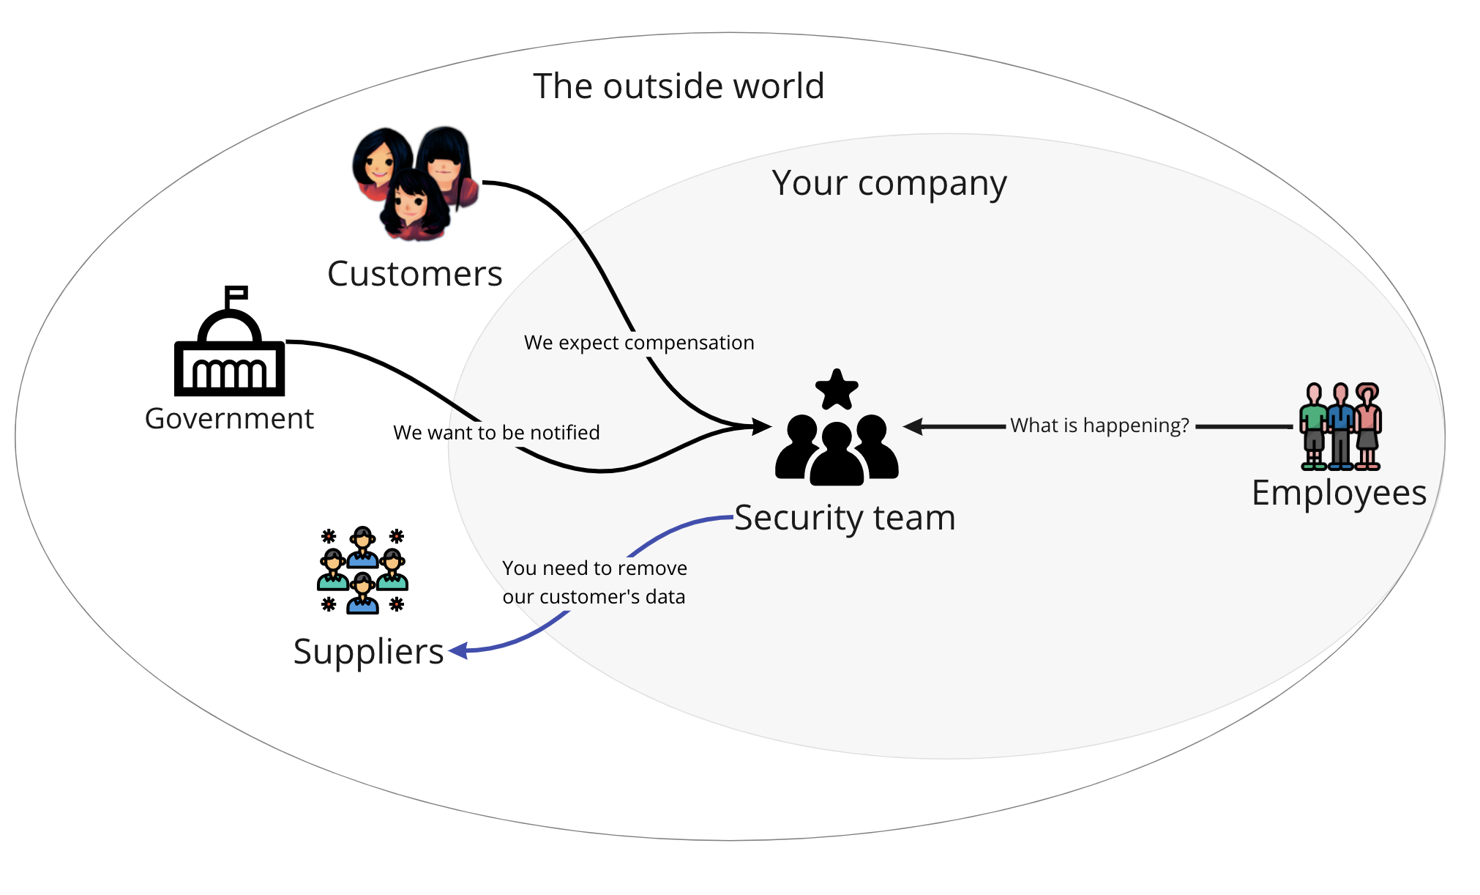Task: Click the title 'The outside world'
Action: coord(679,86)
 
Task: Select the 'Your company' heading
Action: coord(889,183)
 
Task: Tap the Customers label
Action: coord(414,274)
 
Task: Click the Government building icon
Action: coord(229,352)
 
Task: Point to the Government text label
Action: coord(229,419)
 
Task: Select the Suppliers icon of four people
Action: coord(362,570)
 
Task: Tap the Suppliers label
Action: coord(368,651)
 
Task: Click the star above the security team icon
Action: coord(837,390)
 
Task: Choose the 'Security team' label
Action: coord(845,518)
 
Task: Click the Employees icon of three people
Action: coord(1340,426)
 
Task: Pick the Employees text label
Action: coord(1339,493)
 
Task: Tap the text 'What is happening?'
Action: coord(1099,426)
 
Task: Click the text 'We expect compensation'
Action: coord(639,343)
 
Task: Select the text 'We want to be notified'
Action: coord(496,433)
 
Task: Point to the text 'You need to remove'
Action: coord(594,568)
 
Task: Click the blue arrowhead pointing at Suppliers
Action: coord(458,650)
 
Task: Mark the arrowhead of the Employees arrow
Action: coord(912,426)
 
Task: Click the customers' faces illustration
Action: coord(414,183)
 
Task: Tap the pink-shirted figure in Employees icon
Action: coord(1367,425)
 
